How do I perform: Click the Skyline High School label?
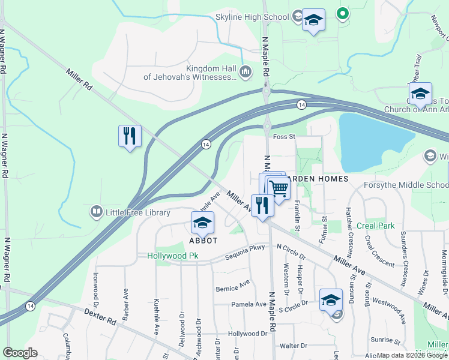point(252,17)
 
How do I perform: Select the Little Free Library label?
point(137,212)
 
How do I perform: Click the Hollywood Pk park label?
point(173,256)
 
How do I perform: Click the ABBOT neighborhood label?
point(202,239)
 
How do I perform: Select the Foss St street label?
point(285,137)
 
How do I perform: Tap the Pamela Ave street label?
point(249,304)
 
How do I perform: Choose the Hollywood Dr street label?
point(247,333)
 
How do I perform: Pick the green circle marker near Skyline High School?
point(343,12)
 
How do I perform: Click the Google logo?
point(20,353)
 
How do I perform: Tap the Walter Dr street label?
point(294,346)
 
